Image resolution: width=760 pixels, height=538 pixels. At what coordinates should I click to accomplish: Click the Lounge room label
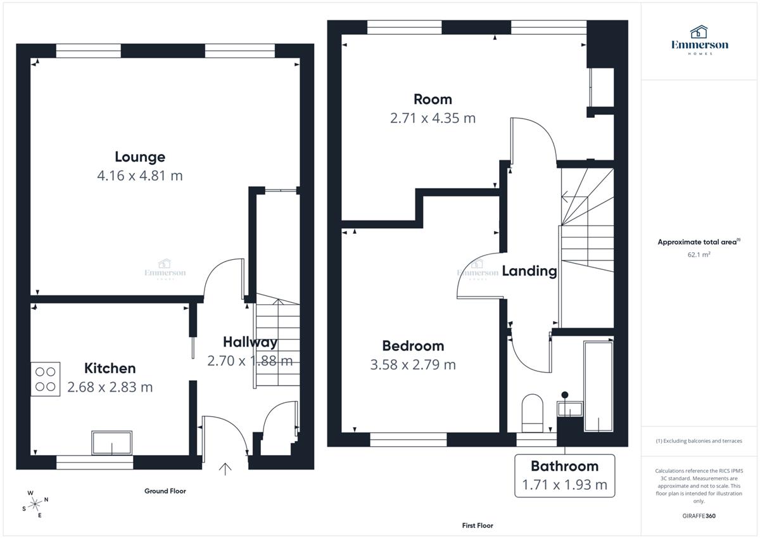point(140,157)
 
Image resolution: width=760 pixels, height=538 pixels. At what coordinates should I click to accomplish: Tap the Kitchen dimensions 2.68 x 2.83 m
point(110,387)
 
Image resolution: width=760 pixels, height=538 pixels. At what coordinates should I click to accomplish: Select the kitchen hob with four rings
point(46,379)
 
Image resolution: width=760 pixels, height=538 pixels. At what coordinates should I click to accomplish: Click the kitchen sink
point(111,443)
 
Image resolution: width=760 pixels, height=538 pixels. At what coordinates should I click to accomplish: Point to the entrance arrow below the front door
point(225,469)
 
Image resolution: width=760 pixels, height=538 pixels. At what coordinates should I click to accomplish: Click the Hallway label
point(250,342)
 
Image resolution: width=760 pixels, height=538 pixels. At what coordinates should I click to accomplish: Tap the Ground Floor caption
point(165,491)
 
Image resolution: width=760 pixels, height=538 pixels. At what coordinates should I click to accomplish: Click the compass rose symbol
point(35,504)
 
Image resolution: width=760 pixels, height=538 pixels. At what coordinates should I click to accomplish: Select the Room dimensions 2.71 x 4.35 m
point(433,118)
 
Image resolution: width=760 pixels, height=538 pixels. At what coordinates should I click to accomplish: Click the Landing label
point(529,271)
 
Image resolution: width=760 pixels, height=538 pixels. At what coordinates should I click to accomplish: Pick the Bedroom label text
point(413,346)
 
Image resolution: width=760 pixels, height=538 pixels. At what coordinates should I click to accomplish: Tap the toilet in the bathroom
point(533,413)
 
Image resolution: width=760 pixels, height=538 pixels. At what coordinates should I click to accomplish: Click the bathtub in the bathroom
point(598,387)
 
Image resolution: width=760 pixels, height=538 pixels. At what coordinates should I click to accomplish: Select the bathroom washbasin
point(570,409)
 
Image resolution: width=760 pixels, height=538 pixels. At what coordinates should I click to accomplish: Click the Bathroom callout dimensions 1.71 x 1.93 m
point(564,485)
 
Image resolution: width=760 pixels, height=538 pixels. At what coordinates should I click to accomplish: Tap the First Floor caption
point(478,525)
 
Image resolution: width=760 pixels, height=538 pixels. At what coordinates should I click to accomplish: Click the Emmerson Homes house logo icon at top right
point(699,32)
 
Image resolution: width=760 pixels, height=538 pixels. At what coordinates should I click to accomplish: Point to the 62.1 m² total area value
point(699,255)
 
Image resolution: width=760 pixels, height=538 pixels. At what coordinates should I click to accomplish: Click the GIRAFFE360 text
point(699,516)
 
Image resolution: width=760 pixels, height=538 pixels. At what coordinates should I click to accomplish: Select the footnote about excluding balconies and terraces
point(699,441)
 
